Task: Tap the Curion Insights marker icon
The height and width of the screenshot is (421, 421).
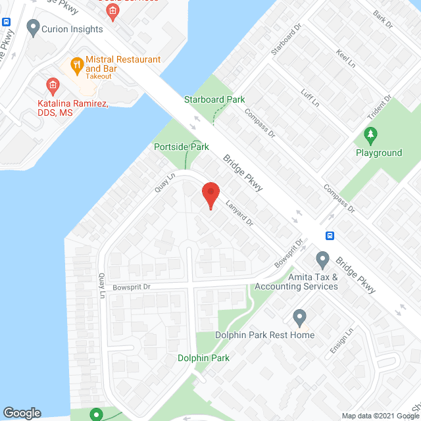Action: point(32,28)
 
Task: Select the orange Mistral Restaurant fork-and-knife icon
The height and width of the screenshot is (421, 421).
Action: point(76,64)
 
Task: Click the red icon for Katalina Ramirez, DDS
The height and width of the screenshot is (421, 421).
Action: point(53,86)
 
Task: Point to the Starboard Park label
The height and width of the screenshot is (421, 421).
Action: point(214,99)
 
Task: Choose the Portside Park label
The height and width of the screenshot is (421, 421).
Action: point(181,147)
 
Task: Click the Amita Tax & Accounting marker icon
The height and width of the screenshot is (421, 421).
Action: point(322,258)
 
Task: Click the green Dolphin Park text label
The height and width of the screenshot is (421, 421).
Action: point(203,359)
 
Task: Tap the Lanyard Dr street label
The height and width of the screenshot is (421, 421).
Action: point(240,213)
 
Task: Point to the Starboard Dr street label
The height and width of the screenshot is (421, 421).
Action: point(281,41)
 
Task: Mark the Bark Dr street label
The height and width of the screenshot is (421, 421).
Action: point(382,18)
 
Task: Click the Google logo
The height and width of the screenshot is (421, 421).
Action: point(22,412)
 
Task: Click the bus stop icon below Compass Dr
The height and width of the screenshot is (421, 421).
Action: point(330,235)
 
